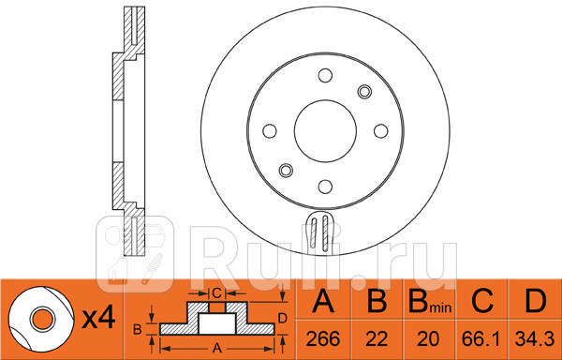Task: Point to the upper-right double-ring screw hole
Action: pyautogui.click(x=363, y=92)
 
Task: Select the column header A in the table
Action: pyautogui.click(x=323, y=302)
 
